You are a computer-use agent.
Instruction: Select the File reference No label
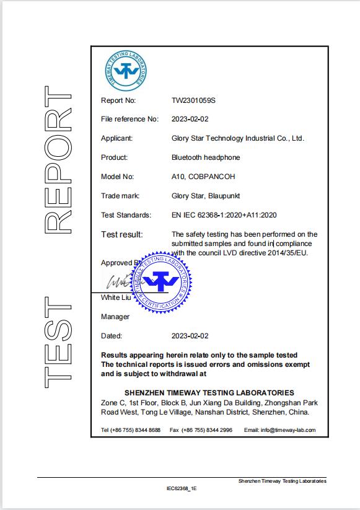[x=130, y=119]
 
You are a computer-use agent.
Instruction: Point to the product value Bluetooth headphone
[x=205, y=157]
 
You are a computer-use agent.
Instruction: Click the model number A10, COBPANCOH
[x=203, y=177]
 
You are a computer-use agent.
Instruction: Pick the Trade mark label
[x=120, y=196]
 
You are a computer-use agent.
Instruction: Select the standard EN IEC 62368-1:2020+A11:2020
[x=223, y=215]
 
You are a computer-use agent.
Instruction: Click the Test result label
[x=121, y=234]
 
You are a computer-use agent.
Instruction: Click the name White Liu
[x=115, y=298]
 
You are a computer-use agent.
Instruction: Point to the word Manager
[x=115, y=317]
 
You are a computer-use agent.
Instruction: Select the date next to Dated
[x=190, y=336]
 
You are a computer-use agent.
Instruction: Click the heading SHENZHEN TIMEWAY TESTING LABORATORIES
[x=209, y=393]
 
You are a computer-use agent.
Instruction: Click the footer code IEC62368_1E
[x=181, y=488]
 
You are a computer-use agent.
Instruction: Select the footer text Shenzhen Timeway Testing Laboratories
[x=282, y=481]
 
